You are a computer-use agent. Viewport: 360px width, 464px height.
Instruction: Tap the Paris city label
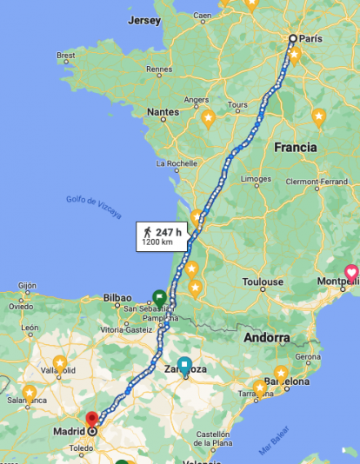click(311, 38)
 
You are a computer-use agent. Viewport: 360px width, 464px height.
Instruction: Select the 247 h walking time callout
click(162, 236)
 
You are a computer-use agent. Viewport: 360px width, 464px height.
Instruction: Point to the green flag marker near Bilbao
click(160, 296)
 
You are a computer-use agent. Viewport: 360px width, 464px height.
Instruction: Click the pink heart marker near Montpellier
click(351, 272)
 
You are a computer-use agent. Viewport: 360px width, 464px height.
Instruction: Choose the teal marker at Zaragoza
click(184, 365)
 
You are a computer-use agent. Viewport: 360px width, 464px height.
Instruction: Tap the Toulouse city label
click(263, 282)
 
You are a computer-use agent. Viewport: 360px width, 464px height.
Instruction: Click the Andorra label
click(267, 337)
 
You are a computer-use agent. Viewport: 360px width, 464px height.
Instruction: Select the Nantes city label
click(163, 112)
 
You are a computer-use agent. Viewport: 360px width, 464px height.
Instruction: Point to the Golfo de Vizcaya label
click(94, 206)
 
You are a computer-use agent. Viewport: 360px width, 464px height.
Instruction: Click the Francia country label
click(296, 148)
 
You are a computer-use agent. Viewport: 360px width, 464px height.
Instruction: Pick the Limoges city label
click(257, 180)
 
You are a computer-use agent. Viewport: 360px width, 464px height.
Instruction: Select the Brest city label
click(66, 56)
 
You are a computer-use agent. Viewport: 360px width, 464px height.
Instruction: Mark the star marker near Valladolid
click(60, 362)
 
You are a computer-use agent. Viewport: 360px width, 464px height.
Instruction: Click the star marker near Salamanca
click(30, 393)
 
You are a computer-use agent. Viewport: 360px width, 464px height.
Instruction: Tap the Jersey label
click(143, 19)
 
